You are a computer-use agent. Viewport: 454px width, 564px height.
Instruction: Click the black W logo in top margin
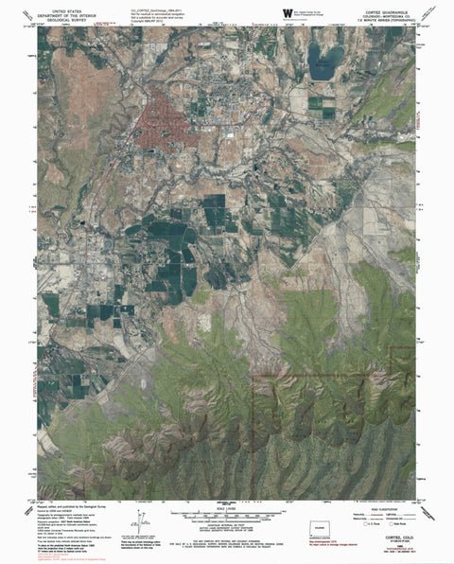[x=286, y=10]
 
